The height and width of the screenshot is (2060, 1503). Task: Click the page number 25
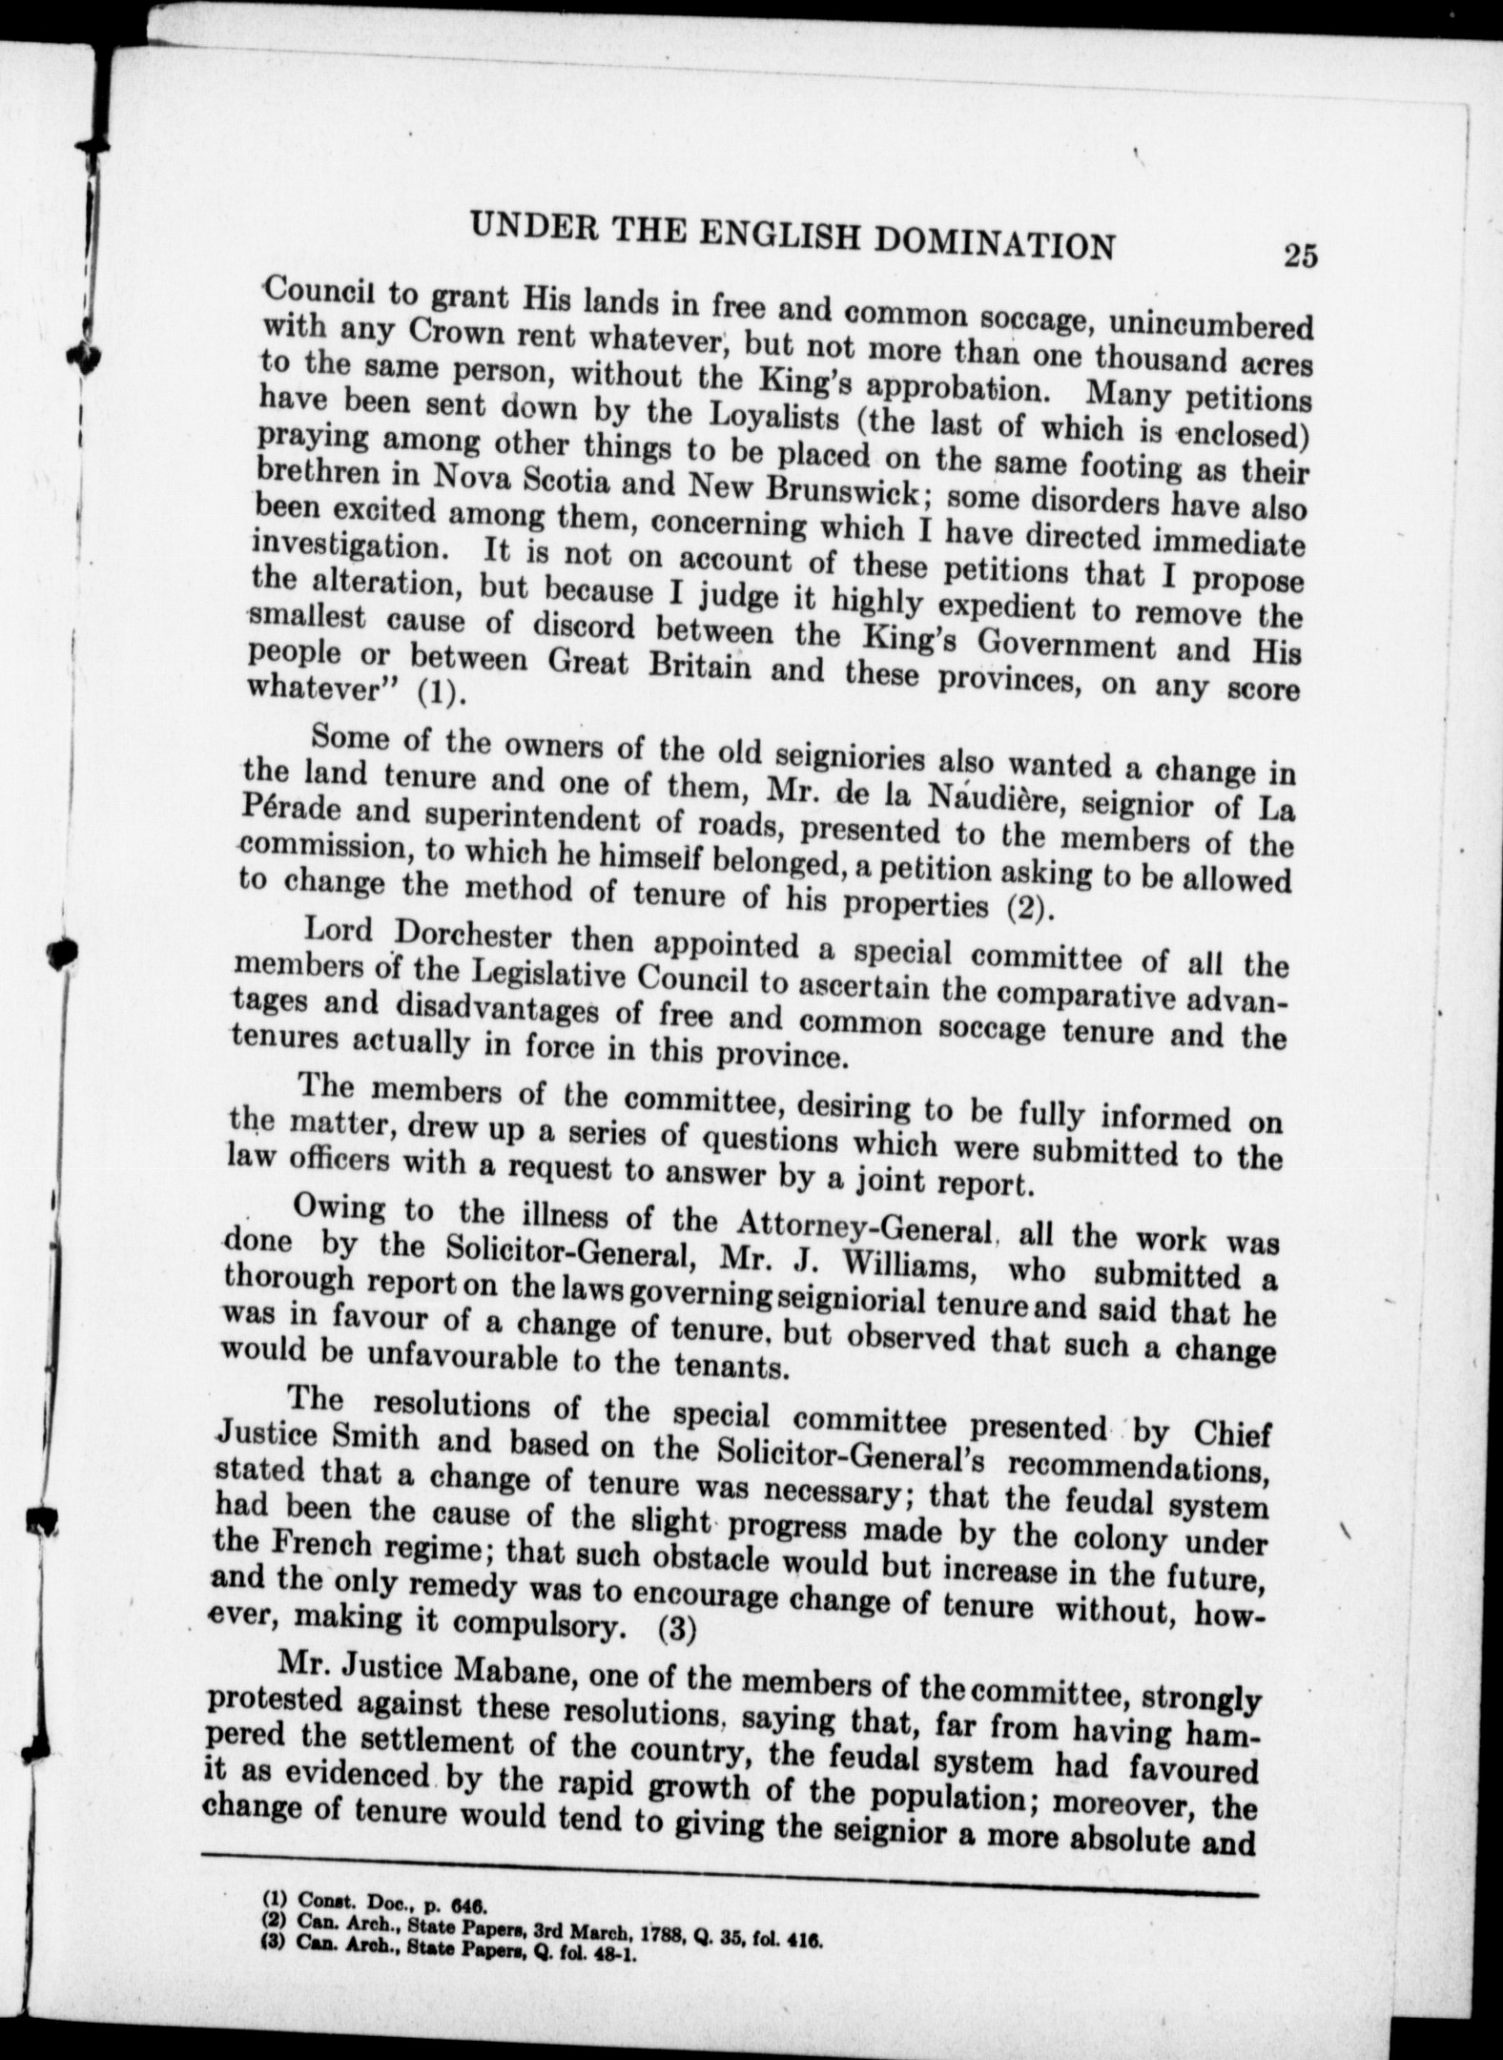click(x=1300, y=257)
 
